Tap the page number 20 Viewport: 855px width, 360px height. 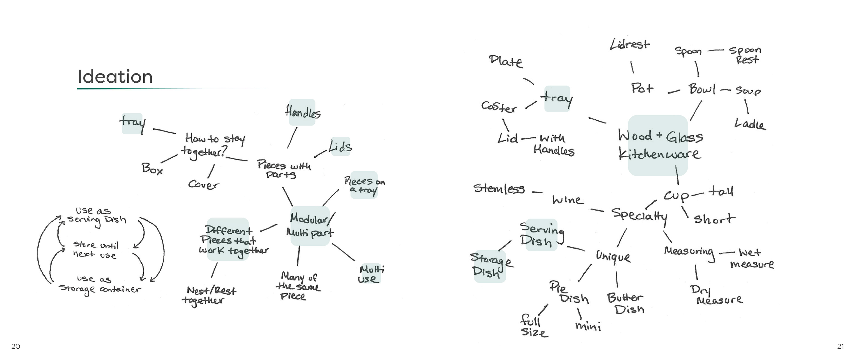(x=16, y=346)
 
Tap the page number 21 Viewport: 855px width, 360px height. (x=840, y=346)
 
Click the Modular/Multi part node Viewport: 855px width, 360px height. (x=310, y=226)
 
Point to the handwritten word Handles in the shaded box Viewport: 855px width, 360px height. (x=302, y=112)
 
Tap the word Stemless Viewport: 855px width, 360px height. (x=499, y=189)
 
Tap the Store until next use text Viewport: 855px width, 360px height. (x=95, y=250)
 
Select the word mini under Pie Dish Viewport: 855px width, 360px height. (x=588, y=326)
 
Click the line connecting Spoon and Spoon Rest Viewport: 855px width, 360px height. (x=715, y=51)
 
